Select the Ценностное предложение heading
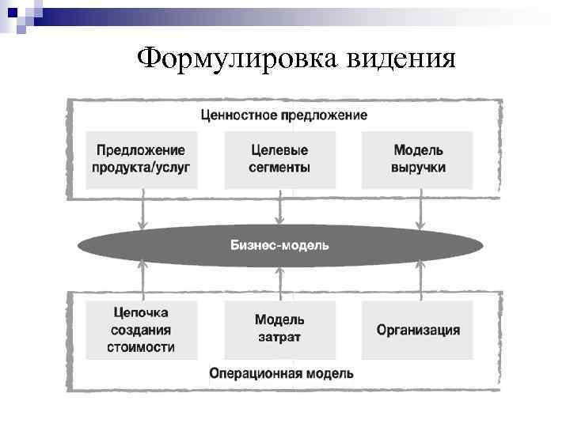coord(283,115)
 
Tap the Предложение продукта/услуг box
coord(142,159)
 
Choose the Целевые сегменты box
coord(279,159)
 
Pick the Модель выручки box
coord(417,159)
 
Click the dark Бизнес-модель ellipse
coord(279,245)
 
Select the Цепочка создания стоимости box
coord(141,331)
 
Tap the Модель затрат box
coord(279,331)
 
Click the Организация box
coord(417,331)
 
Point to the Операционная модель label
coord(281,373)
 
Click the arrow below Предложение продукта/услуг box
coord(142,212)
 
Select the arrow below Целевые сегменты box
coord(279,212)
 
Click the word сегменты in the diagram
coord(279,168)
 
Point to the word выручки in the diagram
coord(417,168)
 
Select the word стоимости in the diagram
coord(141,347)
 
